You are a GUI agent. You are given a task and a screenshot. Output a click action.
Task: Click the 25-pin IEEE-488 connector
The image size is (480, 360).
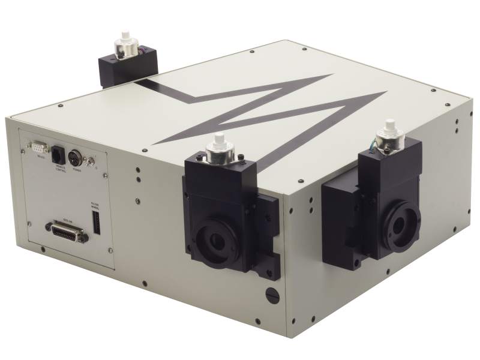(67, 231)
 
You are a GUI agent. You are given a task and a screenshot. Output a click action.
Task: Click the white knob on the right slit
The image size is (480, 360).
(394, 127)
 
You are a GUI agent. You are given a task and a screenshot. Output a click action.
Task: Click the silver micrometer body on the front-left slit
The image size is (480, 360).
(218, 155)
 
